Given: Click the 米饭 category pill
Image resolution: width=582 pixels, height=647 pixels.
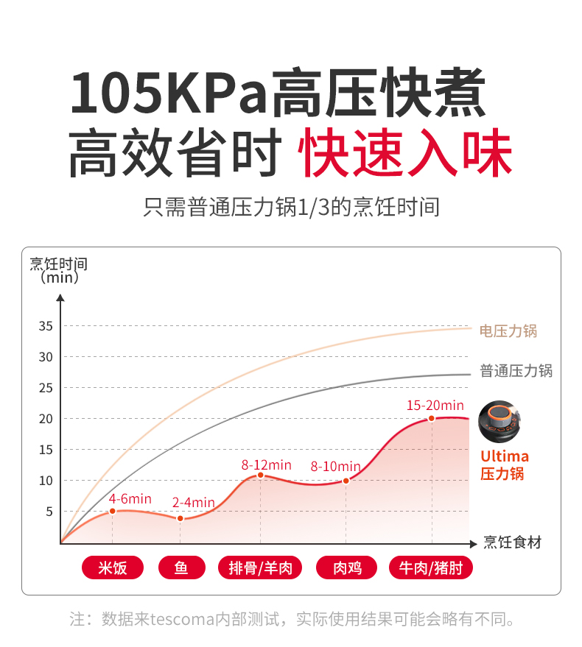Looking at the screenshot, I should (x=113, y=568).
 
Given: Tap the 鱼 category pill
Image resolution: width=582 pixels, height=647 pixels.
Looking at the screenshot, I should (x=181, y=568).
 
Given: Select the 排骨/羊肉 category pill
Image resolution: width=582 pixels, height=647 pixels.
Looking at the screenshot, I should (x=261, y=568).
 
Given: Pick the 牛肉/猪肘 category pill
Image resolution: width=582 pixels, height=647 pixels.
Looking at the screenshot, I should (x=431, y=568).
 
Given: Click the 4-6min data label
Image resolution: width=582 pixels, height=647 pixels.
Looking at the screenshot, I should (x=130, y=499).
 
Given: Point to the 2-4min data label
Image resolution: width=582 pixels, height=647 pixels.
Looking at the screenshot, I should (x=193, y=503).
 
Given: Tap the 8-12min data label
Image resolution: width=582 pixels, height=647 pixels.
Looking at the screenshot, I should (x=267, y=464).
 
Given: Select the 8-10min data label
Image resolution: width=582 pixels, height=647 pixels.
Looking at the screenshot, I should (x=336, y=466).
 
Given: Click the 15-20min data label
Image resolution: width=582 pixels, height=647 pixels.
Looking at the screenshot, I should (x=435, y=405).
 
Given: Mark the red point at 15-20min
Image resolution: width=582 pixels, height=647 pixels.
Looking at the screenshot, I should (x=432, y=418).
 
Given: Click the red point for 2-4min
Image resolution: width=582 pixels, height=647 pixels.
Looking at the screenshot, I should (x=180, y=518).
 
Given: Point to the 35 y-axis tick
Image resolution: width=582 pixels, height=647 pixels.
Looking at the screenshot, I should (x=46, y=326).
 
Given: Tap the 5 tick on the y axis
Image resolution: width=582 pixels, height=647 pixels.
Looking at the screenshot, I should (x=49, y=512).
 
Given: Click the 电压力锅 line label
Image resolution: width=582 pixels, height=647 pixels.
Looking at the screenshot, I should (x=508, y=330).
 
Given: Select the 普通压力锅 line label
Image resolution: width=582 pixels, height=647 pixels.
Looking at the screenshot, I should (x=516, y=371).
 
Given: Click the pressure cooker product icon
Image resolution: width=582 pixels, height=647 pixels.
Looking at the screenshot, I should (x=499, y=421).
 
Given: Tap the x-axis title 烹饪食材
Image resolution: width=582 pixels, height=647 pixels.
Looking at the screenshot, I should (x=513, y=542).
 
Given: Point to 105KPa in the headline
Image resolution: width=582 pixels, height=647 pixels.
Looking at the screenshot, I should (x=168, y=92).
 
